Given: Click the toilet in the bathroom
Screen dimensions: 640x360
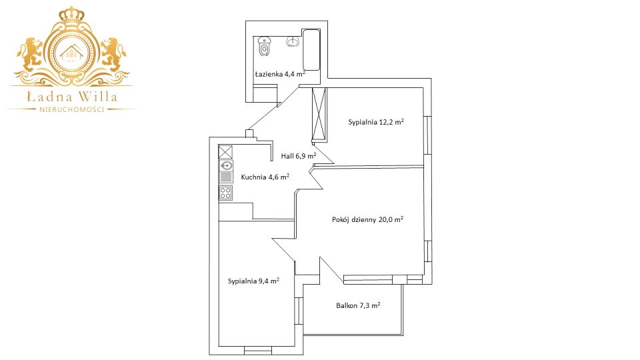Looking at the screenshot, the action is point(265,47).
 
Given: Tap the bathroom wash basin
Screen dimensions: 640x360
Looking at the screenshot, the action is point(293,41).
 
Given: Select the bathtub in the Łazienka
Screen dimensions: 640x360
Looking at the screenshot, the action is point(311,49).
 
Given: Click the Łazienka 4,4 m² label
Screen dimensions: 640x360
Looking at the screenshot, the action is point(281,74).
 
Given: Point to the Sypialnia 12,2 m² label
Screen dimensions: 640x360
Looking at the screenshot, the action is point(376,121).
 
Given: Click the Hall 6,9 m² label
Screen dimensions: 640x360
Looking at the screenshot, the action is point(299,156).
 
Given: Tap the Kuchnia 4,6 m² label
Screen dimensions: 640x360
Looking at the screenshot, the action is point(265,177).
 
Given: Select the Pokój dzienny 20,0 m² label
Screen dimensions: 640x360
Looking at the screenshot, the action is point(367,219).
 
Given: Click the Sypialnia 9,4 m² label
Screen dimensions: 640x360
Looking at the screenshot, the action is point(253,281).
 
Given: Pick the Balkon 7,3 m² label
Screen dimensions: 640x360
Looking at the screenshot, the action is point(358,305).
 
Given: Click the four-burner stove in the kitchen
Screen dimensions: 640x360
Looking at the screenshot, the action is point(226,193).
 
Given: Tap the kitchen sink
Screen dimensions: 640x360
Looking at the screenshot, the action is point(226,165).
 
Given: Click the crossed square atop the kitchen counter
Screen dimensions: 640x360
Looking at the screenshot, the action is point(225,152).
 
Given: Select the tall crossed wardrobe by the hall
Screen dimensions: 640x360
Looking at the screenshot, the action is point(319,113).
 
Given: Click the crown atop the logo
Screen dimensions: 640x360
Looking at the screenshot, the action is point(72,15).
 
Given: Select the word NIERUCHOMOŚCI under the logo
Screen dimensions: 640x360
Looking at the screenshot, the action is point(72,109).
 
